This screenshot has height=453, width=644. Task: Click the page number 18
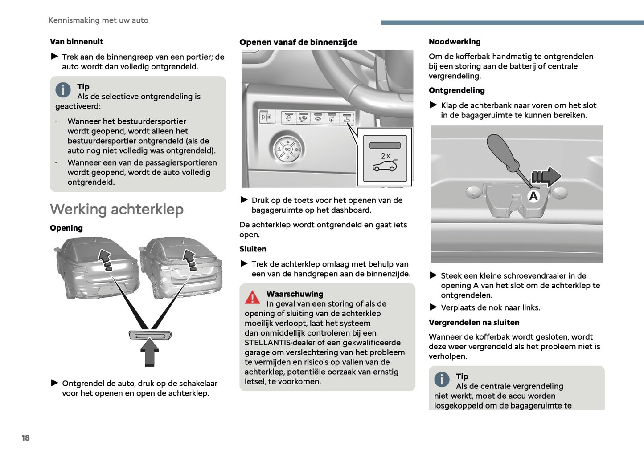coord(25,438)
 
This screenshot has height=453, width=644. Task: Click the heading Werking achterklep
coord(117,209)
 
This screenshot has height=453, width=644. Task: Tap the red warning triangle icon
coord(252,297)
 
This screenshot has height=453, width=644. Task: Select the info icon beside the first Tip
coord(63,90)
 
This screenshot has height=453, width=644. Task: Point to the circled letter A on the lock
coord(533,196)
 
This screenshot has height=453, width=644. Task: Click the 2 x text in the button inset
coord(385,156)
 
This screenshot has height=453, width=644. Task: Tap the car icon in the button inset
coord(385,167)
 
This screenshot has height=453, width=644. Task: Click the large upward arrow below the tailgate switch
coord(150,352)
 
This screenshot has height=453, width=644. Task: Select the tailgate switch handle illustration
coord(150,335)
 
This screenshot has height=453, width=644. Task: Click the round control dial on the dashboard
coord(287,149)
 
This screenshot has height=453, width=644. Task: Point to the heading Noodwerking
coord(455,42)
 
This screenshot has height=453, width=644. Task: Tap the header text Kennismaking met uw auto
coord(98,20)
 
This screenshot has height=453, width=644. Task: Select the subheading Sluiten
coord(253,249)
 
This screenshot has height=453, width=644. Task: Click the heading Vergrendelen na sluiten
coord(474,323)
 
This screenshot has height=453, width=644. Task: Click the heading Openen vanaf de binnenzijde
coord(298,42)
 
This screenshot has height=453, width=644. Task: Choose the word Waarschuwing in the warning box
coord(295,294)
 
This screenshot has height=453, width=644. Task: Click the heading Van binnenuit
coord(77,42)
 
